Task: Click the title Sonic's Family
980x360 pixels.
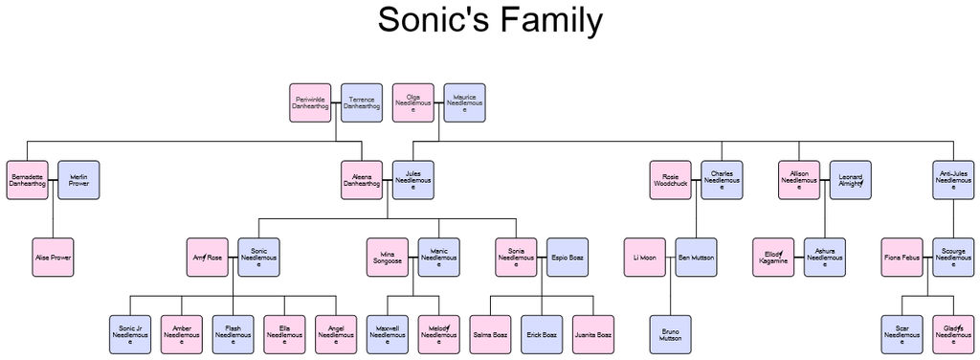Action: pos(490,21)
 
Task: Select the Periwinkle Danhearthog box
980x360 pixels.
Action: pos(310,102)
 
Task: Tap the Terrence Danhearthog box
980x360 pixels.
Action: pos(362,102)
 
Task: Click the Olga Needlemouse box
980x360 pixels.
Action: pos(413,102)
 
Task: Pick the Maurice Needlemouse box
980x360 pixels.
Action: pos(465,102)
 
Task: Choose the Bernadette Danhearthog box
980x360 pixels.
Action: pos(27,180)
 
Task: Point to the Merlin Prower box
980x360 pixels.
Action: pos(78,180)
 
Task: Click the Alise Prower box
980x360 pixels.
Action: pos(53,258)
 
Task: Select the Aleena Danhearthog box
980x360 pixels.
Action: pos(362,180)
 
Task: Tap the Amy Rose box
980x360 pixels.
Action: pos(208,258)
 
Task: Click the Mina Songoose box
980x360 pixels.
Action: pos(388,258)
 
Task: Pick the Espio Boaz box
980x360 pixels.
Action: pos(568,258)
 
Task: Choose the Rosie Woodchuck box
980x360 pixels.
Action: pos(670,180)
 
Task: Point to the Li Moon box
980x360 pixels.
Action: pos(644,258)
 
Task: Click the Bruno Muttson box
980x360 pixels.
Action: pos(670,335)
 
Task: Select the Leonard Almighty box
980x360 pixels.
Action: pos(850,180)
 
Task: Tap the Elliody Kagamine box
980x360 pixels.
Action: pos(773,258)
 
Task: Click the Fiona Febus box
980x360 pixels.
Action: pos(902,258)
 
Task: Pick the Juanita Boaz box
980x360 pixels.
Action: pos(593,335)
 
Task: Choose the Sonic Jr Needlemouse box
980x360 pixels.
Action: pos(130,335)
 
